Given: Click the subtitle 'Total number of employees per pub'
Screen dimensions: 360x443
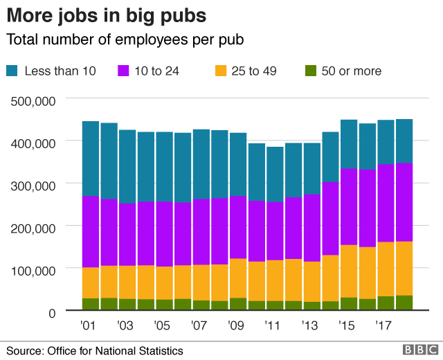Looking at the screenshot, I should pyautogui.click(x=125, y=40).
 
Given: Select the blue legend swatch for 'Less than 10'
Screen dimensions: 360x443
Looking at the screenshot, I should pyautogui.click(x=13, y=71).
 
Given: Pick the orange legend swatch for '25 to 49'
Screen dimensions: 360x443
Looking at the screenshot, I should pyautogui.click(x=221, y=71).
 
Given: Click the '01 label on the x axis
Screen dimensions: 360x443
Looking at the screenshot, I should pyautogui.click(x=88, y=325).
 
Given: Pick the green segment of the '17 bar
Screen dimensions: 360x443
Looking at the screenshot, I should pyautogui.click(x=386, y=303).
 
